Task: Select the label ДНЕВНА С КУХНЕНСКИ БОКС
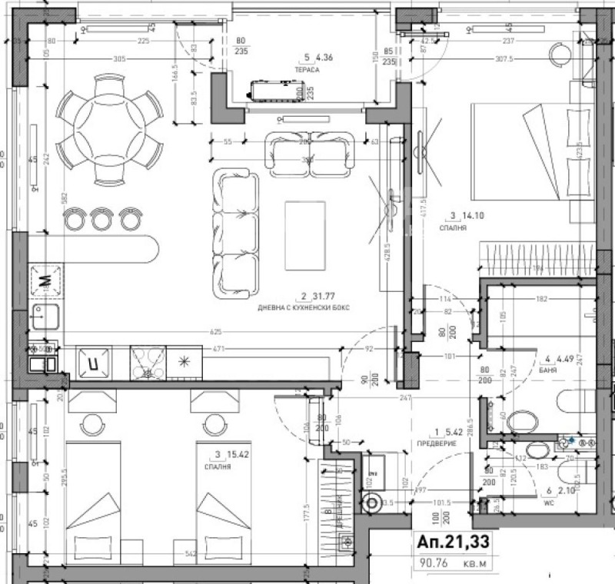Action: point(304,307)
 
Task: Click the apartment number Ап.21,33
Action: point(452,543)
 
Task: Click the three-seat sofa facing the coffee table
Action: point(235,233)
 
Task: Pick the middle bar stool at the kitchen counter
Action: point(102,219)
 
